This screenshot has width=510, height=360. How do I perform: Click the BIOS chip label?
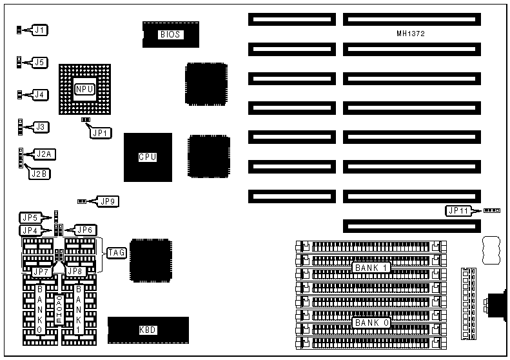(x=170, y=34)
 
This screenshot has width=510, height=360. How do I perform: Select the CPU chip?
(x=148, y=157)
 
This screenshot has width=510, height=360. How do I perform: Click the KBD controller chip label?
(x=148, y=330)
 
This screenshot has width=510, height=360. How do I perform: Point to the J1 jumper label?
(x=40, y=30)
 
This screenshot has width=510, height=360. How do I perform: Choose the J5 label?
(x=40, y=62)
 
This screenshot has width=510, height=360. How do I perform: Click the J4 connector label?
(x=40, y=95)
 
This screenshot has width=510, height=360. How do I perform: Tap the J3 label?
(x=40, y=126)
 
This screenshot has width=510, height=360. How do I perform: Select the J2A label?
(x=44, y=154)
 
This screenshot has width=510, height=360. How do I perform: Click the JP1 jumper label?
(x=101, y=133)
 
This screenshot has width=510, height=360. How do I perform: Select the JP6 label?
(x=85, y=230)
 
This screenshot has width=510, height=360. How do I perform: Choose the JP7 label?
(x=40, y=272)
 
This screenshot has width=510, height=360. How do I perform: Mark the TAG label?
(x=117, y=253)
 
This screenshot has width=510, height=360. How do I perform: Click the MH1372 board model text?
(x=411, y=33)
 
